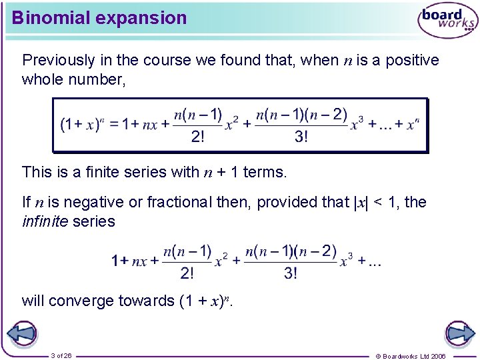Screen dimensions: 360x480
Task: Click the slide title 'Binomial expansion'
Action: click(99, 18)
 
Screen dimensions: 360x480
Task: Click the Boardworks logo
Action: click(447, 21)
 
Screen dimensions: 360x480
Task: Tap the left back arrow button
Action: click(21, 333)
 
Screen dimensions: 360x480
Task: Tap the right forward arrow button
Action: click(459, 333)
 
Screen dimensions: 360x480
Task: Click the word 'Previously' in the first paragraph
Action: click(59, 61)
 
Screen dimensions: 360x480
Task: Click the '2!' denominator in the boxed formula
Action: click(198, 137)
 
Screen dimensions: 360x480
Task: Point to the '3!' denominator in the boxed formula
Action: click(301, 137)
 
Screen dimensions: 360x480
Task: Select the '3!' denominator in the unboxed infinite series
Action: click(291, 273)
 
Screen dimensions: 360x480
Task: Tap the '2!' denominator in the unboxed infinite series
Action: click(187, 273)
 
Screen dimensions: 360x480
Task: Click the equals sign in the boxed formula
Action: click(114, 125)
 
